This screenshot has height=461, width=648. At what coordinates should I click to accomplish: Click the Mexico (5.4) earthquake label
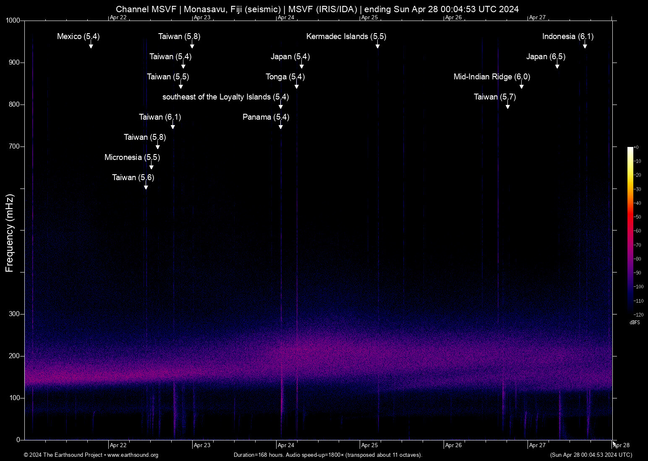point(78,37)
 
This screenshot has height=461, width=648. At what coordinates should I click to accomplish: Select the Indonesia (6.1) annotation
point(567,37)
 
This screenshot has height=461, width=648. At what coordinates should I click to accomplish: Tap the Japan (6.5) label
point(546,57)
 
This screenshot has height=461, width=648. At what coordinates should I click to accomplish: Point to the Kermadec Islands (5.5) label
point(346,37)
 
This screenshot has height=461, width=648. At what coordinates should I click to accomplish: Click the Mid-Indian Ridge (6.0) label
point(491,77)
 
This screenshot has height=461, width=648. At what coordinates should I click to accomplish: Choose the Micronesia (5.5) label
point(132,157)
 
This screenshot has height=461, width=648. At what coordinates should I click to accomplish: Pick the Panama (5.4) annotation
point(266,117)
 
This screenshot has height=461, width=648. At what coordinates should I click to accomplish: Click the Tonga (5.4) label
point(285,77)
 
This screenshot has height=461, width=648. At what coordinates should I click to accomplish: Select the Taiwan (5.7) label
point(495,97)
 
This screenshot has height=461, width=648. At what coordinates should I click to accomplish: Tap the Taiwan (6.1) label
point(160,117)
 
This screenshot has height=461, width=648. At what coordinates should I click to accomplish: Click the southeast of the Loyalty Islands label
point(225,97)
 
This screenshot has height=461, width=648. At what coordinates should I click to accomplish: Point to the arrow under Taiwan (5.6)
point(146,186)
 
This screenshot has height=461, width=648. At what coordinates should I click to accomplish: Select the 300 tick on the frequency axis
point(15,314)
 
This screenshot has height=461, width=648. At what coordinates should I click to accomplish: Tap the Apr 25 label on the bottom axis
point(370,445)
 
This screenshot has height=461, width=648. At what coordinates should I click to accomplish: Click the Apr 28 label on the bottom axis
point(622,445)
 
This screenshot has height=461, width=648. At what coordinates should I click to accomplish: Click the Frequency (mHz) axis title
point(9,233)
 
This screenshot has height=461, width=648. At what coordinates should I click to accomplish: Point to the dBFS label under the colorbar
point(635,322)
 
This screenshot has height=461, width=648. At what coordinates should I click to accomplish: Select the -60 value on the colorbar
point(638,231)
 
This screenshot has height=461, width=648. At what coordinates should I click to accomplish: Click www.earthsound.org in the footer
point(133,455)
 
